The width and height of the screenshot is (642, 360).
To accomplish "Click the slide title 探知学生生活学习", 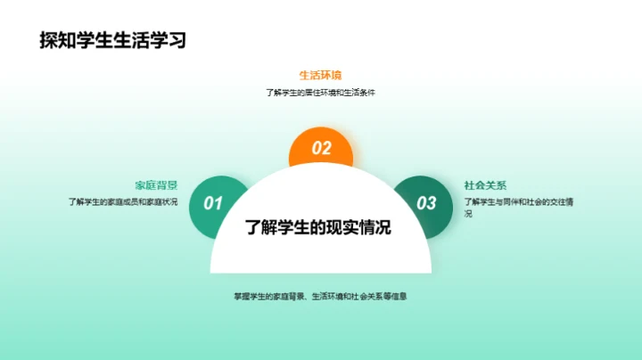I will point(113,39).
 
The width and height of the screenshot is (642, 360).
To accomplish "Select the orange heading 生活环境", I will point(320,75).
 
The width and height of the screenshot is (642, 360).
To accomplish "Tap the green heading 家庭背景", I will point(156,185).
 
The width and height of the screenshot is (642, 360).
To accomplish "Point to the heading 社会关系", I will point(485,185).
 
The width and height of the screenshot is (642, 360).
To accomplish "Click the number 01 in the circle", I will point(213,203).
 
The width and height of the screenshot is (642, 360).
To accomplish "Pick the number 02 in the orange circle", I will point(321,149).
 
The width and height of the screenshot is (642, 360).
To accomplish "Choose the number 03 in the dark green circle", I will point(427,203).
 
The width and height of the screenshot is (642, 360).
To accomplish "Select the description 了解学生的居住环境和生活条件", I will point(320,92).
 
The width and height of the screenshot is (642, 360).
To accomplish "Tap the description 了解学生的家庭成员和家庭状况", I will point(123,201).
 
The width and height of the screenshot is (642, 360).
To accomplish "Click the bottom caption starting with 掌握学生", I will point(320,296).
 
